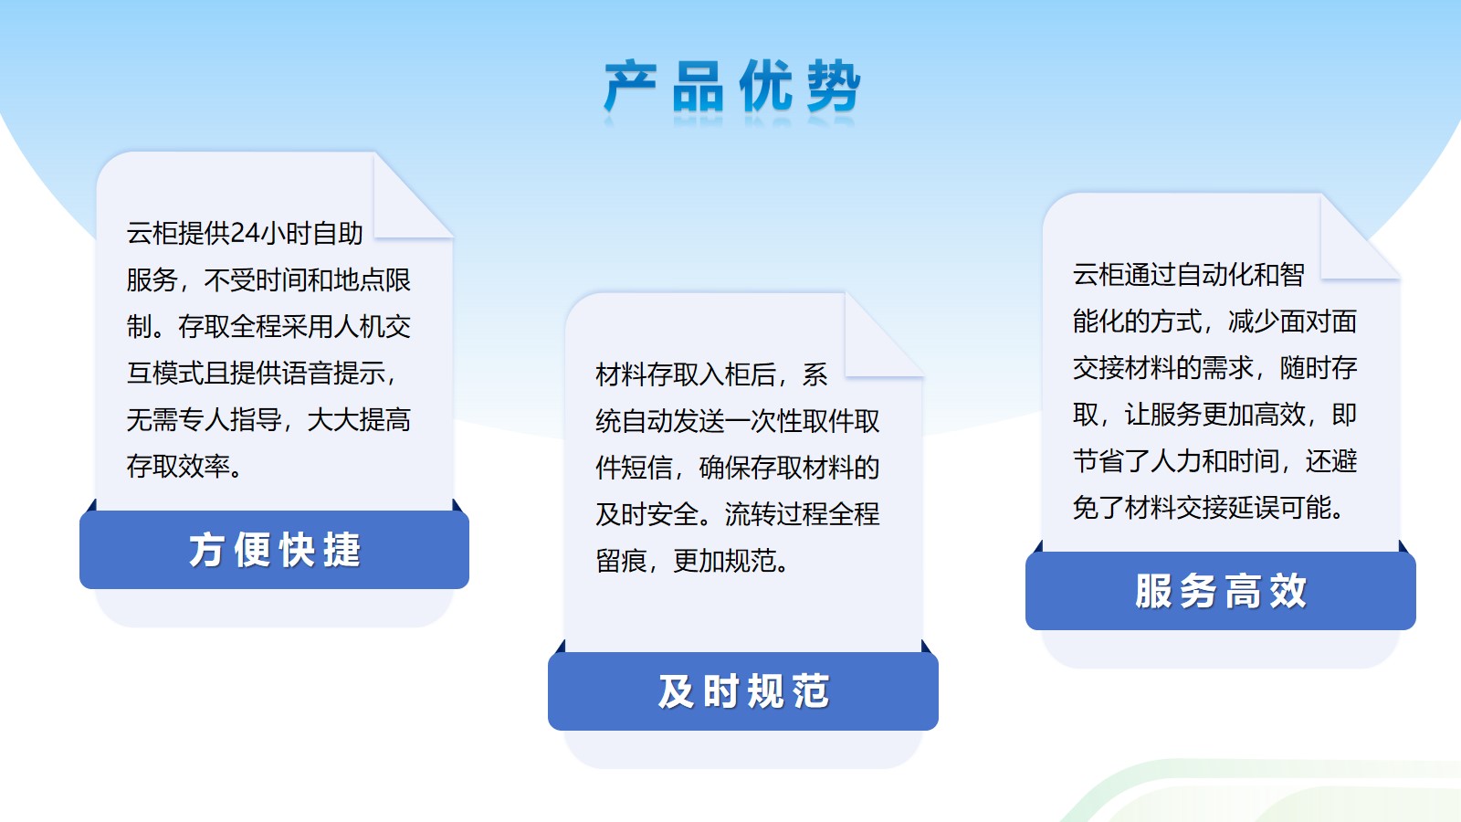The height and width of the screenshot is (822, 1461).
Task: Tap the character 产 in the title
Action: point(630,86)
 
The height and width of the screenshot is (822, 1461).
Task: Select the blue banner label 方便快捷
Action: point(275,550)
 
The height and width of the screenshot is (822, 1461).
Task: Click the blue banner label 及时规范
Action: point(743,691)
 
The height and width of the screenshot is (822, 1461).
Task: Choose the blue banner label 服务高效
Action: point(1221,591)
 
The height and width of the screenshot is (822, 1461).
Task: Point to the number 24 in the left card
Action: point(246,233)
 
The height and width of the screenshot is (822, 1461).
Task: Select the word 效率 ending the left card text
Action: point(205,466)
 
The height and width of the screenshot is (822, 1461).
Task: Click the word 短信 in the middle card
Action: point(634,468)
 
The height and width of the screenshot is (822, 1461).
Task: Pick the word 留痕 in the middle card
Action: point(621,561)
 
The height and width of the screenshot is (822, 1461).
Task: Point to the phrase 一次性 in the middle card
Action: point(763,421)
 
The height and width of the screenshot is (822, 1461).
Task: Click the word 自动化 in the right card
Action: point(1214,275)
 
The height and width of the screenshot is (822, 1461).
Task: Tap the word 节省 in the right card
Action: point(1098,461)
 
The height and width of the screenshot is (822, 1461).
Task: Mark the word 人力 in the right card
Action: point(1176,461)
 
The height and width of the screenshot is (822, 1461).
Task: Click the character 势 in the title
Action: point(835,86)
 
